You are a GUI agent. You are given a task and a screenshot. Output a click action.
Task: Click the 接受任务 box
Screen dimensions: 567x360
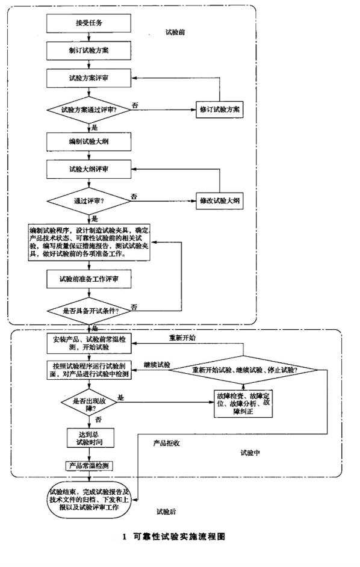click(x=88, y=23)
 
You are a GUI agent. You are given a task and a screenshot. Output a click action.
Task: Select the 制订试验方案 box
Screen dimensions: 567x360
click(x=88, y=51)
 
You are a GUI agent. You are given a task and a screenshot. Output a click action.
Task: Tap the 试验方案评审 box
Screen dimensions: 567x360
click(x=88, y=79)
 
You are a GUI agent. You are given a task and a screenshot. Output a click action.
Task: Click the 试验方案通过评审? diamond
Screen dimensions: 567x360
click(x=88, y=111)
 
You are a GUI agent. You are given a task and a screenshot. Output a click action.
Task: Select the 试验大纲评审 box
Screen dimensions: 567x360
click(x=88, y=169)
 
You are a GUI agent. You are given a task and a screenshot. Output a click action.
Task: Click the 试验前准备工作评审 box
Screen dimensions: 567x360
click(x=88, y=279)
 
